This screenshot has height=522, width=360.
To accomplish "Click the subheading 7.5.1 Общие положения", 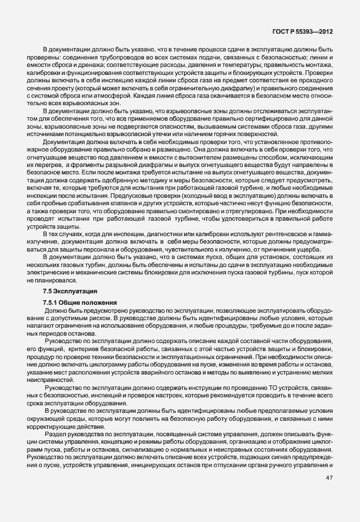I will (80, 301).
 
